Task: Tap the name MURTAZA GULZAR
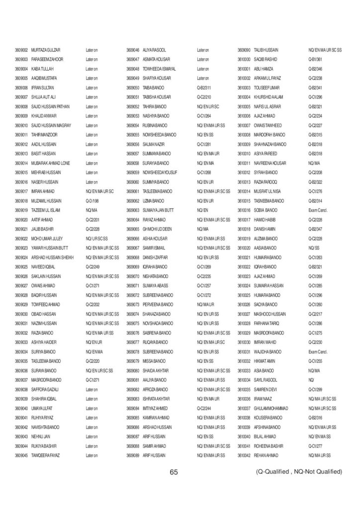click(x=46, y=50)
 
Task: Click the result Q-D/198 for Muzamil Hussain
click(x=93, y=200)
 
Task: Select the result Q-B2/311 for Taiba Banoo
click(x=204, y=87)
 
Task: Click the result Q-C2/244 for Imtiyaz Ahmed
click(x=204, y=408)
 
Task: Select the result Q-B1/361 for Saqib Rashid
click(x=316, y=59)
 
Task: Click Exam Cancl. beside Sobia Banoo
click(x=317, y=210)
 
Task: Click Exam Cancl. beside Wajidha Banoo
click(x=317, y=351)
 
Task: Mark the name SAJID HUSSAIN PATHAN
click(x=52, y=106)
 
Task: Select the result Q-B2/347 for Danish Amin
click(x=316, y=229)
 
